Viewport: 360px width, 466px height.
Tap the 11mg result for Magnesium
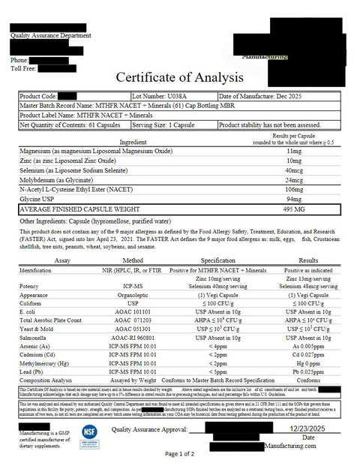(x=293, y=151)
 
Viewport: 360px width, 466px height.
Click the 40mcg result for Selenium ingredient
(x=293, y=170)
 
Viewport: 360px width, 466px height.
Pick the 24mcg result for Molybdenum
(x=293, y=180)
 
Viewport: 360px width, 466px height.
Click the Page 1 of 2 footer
(x=180, y=454)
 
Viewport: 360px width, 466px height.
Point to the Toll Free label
(x=23, y=68)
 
